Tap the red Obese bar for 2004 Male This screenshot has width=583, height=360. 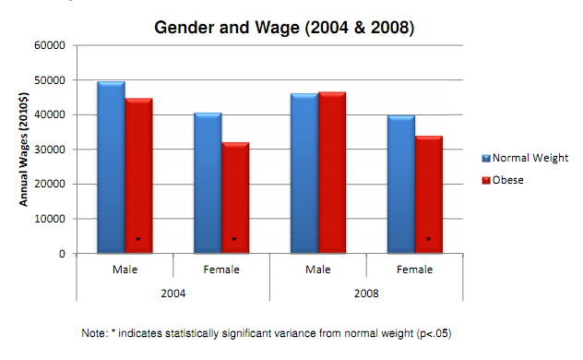point(138,175)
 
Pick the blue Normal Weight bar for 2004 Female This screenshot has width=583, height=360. point(208,184)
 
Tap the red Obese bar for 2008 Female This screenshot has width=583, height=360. point(428,195)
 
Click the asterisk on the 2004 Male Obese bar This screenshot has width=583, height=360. point(138,240)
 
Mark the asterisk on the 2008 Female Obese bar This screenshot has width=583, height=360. point(428,240)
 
